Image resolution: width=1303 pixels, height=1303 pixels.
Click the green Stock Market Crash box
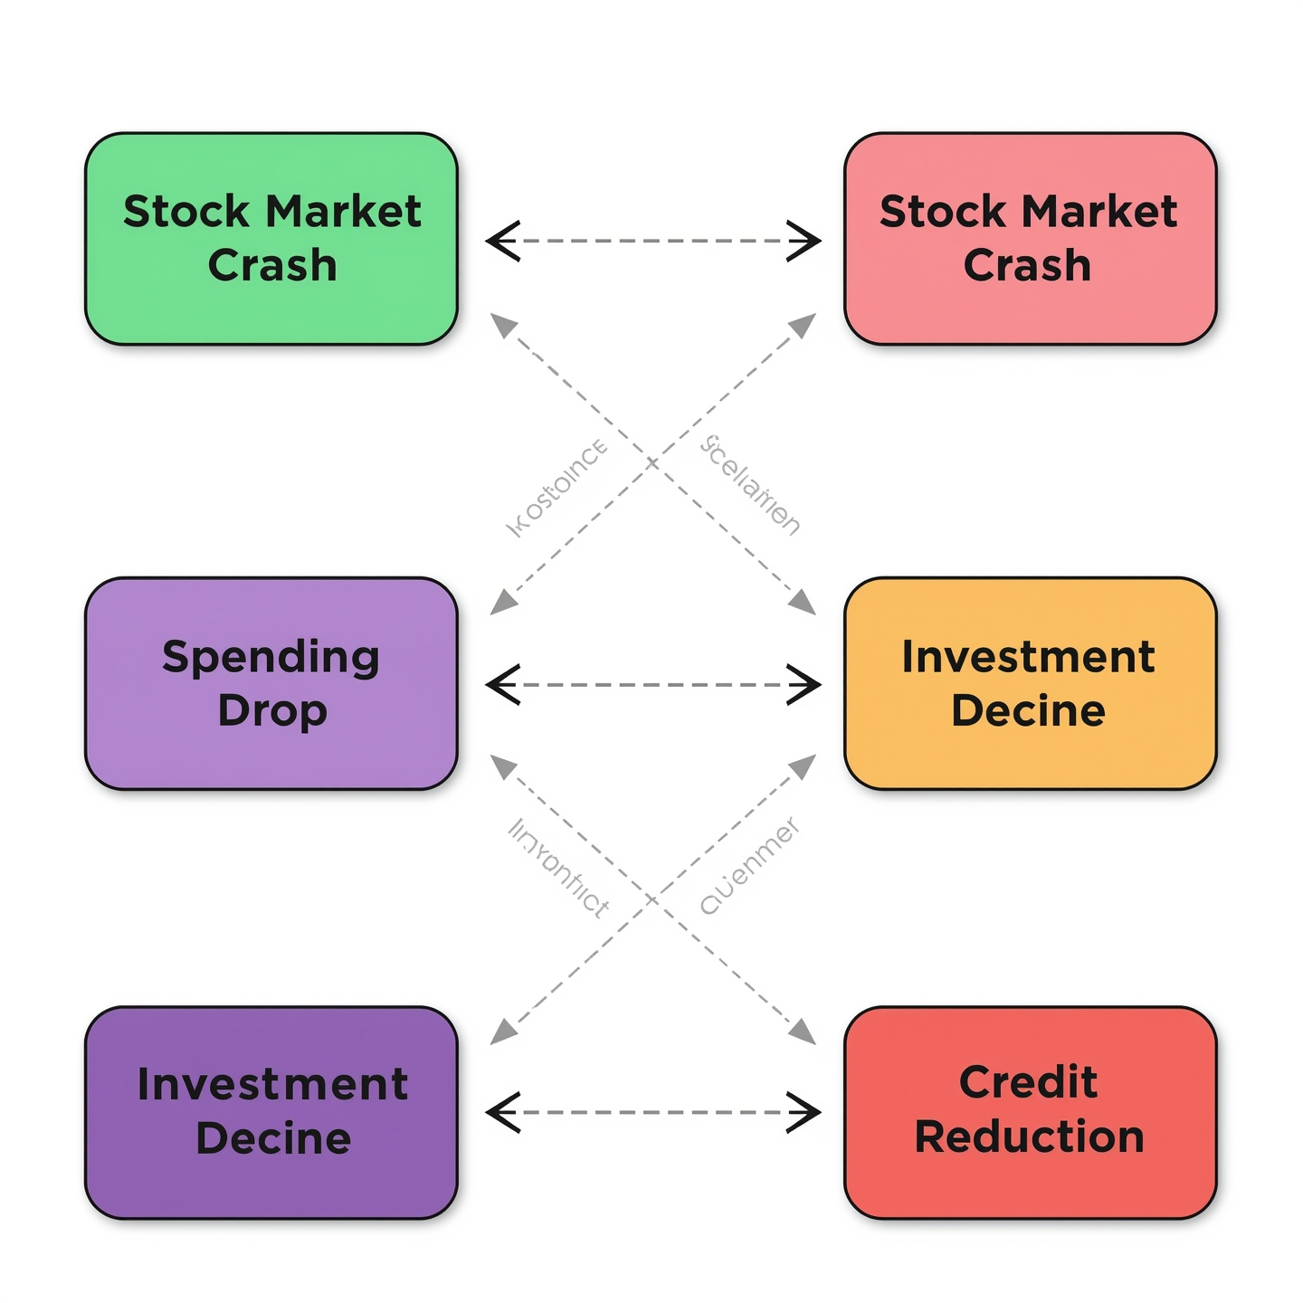coord(271,239)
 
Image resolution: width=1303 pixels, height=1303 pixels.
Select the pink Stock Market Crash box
coord(1030,239)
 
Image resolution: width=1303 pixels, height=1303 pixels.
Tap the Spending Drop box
coord(271,683)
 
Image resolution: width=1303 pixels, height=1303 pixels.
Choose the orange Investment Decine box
coord(1030,683)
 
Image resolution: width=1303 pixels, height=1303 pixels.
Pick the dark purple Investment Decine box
coord(271,1112)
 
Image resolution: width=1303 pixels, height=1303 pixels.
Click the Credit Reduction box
coord(1030,1112)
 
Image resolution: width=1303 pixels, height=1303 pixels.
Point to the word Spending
coord(271,658)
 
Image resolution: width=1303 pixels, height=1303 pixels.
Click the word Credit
coord(1028,1082)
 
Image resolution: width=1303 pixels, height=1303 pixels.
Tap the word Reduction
coord(1030,1137)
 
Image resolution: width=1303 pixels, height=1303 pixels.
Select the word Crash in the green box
coord(272,266)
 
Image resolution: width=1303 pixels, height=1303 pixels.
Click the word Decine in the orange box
coord(1028,711)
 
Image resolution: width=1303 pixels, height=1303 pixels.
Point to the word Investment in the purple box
coord(272,1085)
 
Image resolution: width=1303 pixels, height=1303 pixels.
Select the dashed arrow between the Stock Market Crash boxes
coord(652,241)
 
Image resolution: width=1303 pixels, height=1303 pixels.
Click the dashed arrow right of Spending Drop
coord(652,685)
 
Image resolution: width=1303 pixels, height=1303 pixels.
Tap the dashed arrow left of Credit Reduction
coord(652,1112)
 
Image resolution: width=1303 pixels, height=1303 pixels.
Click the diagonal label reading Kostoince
coord(556,488)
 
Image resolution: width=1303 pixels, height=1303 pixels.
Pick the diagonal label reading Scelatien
coord(750,485)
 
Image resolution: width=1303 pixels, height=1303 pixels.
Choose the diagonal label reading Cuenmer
coord(750,866)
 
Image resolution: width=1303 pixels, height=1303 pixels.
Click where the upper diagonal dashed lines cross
coord(652,463)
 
